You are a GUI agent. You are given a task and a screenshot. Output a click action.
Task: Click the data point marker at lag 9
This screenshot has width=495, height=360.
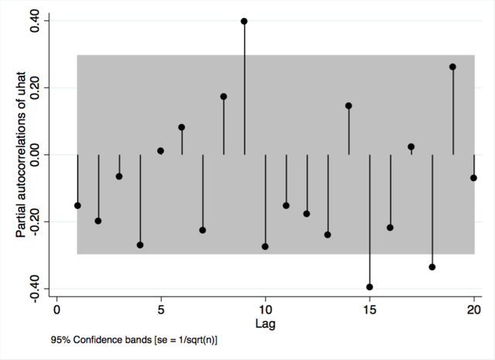click(244, 21)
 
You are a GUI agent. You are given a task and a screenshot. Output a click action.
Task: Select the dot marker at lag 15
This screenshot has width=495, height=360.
click(370, 287)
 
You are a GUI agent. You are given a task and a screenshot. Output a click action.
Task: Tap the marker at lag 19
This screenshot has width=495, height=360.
click(453, 67)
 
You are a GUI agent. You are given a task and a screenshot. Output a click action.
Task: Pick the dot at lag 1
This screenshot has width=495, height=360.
click(77, 205)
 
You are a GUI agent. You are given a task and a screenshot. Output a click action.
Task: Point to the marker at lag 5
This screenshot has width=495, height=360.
click(161, 151)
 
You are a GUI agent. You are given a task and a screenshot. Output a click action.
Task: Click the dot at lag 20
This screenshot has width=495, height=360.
click(473, 178)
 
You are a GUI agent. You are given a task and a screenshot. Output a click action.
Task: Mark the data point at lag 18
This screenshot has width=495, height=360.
click(432, 267)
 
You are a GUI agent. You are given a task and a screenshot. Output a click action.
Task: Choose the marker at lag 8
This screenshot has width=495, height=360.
click(224, 97)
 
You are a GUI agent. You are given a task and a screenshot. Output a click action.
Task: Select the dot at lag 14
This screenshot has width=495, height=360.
click(349, 106)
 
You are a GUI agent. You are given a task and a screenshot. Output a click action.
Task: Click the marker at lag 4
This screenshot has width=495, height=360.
click(140, 245)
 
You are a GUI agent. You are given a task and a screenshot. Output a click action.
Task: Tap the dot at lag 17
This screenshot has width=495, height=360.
click(411, 146)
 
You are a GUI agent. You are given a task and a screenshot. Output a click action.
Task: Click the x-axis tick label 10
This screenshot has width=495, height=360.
click(265, 310)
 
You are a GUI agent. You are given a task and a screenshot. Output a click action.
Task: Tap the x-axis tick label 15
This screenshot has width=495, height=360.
click(370, 310)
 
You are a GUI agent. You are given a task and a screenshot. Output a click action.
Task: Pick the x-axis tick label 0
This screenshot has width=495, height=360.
click(56, 310)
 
